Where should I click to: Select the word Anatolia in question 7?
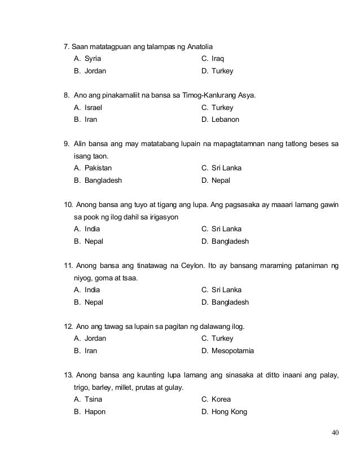tap(204, 46)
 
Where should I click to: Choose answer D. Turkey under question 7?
tap(217, 72)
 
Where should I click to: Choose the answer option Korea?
tap(216, 399)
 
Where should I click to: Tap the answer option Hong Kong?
tap(223, 412)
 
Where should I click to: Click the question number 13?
tap(67, 375)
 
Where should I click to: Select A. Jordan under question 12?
tap(90, 338)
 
